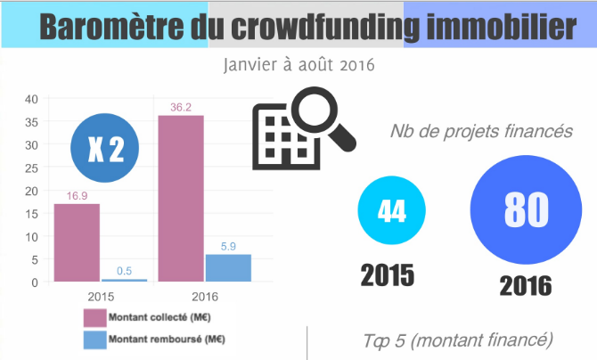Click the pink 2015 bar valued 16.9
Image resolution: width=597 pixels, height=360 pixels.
pos(77,242)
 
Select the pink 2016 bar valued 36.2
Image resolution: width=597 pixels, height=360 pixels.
pos(181,198)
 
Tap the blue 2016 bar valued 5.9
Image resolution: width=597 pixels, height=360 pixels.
pos(228,267)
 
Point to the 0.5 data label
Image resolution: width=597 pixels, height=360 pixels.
pos(125,271)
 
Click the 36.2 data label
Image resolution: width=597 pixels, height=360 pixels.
pos(181,107)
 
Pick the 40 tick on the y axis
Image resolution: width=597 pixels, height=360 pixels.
pos(31,98)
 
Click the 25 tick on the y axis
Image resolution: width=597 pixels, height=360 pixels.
pos(31,168)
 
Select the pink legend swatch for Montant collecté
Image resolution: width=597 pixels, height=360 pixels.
pos(94,317)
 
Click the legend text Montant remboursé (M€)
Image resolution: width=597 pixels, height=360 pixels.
pos(166,340)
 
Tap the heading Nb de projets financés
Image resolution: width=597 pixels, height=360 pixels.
pos(480,132)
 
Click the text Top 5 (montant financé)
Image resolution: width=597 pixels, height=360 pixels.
pos(458,340)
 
